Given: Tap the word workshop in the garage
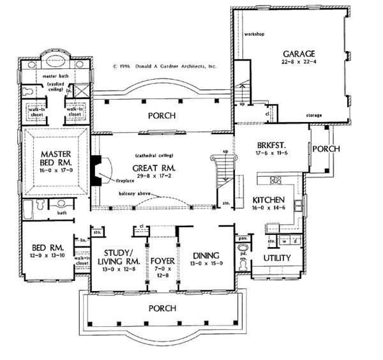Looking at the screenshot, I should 255,32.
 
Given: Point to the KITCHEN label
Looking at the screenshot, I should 271,199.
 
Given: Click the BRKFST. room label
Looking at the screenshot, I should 269,145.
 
